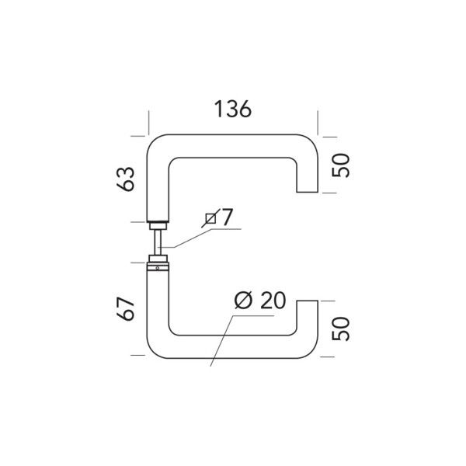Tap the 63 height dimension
[x=129, y=179]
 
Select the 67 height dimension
[x=129, y=308]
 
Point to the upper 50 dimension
[x=343, y=165]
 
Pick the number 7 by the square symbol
[x=226, y=218]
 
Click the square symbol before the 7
[x=210, y=220]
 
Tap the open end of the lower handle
[x=308, y=302]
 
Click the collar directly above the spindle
[x=158, y=221]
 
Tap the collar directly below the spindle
[x=158, y=258]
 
